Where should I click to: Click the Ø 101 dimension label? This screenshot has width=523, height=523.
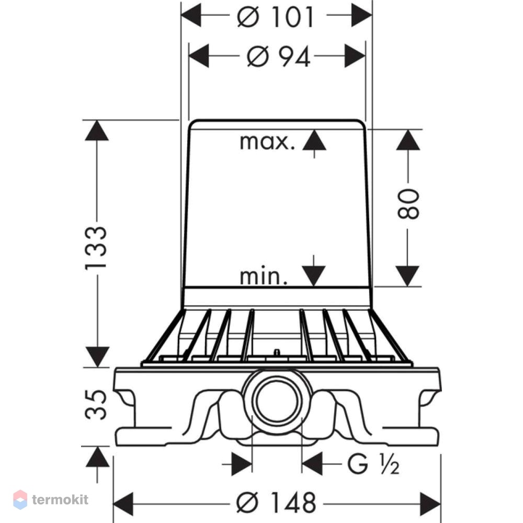276,17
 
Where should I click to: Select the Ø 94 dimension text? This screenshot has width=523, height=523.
279,56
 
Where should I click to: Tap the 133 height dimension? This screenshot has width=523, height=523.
96,248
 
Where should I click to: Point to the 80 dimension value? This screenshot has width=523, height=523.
408,203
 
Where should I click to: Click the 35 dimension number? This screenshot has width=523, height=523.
96,404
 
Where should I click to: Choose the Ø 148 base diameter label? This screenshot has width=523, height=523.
276,502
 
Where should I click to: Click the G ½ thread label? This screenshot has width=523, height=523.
373,464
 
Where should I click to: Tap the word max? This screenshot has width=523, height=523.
267,142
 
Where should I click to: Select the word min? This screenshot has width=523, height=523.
264,277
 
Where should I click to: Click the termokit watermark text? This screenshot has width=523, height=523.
60,499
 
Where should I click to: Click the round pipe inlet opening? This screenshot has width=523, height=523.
277,400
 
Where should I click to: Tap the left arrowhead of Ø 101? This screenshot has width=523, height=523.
191,15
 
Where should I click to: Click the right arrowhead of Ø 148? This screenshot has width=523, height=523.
430,504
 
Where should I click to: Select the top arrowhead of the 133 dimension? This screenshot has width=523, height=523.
97,130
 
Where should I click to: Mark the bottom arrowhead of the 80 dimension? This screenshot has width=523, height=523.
407,276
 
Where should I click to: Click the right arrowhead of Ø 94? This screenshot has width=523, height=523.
355,56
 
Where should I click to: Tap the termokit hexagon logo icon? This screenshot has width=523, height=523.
20,499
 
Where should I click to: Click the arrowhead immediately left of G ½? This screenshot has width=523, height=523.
312,463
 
